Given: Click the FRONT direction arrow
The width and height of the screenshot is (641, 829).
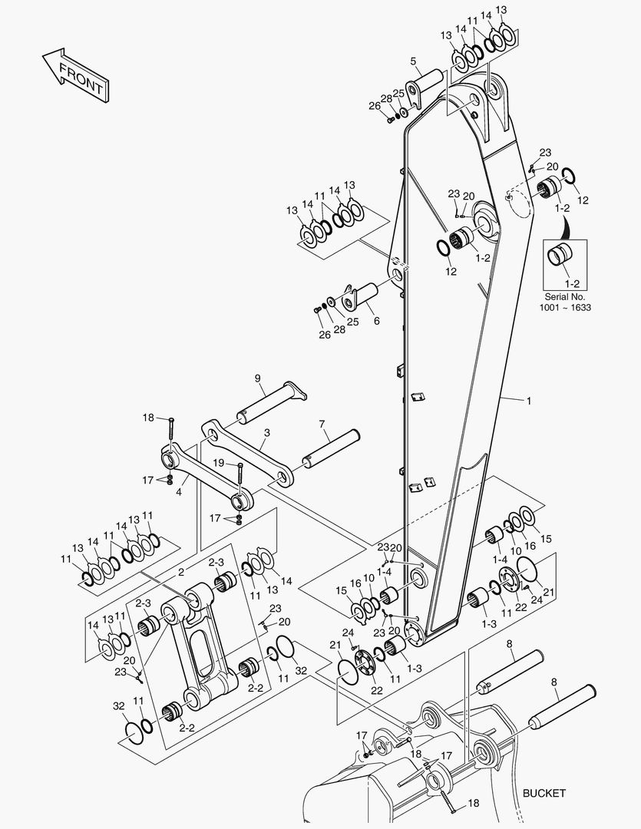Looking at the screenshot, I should (74, 74).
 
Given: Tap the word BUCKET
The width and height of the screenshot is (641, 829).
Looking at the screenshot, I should (544, 793).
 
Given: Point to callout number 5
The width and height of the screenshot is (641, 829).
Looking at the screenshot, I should (413, 61).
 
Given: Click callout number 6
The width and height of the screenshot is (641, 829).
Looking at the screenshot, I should (376, 321).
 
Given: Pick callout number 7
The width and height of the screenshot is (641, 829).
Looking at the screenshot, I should (322, 424).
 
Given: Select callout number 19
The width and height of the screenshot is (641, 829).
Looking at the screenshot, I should (219, 463).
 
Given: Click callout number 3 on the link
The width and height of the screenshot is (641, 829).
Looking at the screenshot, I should (266, 433).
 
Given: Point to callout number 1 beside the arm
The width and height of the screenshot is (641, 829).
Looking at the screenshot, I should (528, 401).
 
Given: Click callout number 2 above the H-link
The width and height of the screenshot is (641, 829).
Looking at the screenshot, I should (181, 573).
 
